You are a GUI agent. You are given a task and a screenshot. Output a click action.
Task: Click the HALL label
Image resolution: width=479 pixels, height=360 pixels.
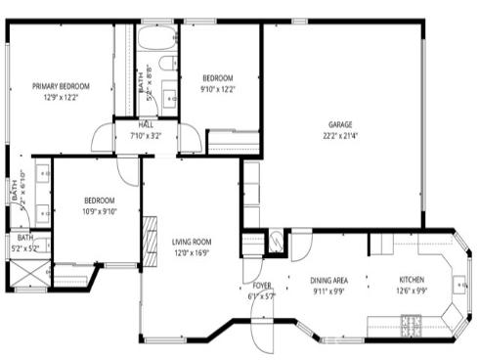click(x=146, y=124)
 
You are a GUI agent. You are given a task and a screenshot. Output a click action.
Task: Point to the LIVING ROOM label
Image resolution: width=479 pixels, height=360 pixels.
click(x=192, y=242)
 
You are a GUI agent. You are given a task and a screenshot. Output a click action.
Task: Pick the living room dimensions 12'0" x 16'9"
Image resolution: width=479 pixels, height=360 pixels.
click(x=192, y=252)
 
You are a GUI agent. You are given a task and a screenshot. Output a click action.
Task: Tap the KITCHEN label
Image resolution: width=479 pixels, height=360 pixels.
click(x=411, y=280)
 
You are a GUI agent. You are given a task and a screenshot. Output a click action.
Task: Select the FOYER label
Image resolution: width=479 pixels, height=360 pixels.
click(x=261, y=285)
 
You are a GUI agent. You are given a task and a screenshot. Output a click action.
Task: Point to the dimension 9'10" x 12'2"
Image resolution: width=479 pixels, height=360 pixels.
click(x=218, y=89)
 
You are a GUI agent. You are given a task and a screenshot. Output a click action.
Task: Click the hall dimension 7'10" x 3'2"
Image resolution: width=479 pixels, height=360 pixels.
click(x=146, y=135)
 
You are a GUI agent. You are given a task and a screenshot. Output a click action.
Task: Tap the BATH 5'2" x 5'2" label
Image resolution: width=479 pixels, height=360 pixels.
click(x=24, y=244)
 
